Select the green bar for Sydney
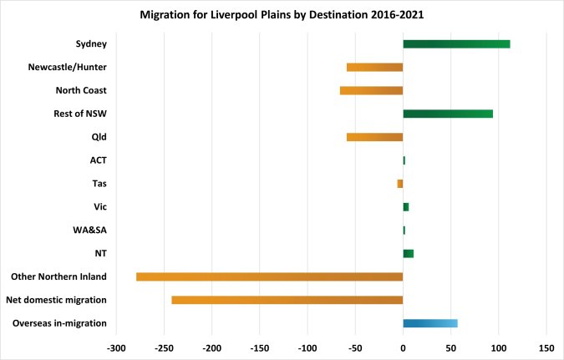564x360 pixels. (x=456, y=44)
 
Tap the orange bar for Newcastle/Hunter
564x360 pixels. (x=374, y=68)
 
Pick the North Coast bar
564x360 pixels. (x=371, y=90)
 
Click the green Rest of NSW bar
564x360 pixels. (x=448, y=114)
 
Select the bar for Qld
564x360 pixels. (x=374, y=137)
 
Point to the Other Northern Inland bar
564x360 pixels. (x=269, y=276)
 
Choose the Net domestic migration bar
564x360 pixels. (x=287, y=300)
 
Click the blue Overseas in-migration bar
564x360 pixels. (x=430, y=323)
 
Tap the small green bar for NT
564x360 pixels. (x=408, y=253)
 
